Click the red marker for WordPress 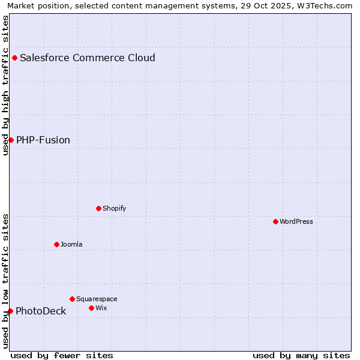[275, 221]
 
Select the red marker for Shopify [98, 208]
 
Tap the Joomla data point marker [56, 244]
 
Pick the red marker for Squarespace [72, 299]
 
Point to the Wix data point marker [91, 308]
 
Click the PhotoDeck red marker [10, 311]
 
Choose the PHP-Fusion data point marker [11, 140]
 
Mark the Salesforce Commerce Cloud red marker [14, 58]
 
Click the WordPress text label [296, 221]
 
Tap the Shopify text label [114, 208]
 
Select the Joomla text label [71, 244]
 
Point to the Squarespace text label [97, 299]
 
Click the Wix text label [101, 308]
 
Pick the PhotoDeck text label [41, 311]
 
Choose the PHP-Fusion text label [43, 140]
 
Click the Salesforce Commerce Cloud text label [88, 58]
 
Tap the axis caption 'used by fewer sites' [62, 355]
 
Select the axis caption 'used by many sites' [301, 355]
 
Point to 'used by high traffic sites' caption [5, 85]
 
